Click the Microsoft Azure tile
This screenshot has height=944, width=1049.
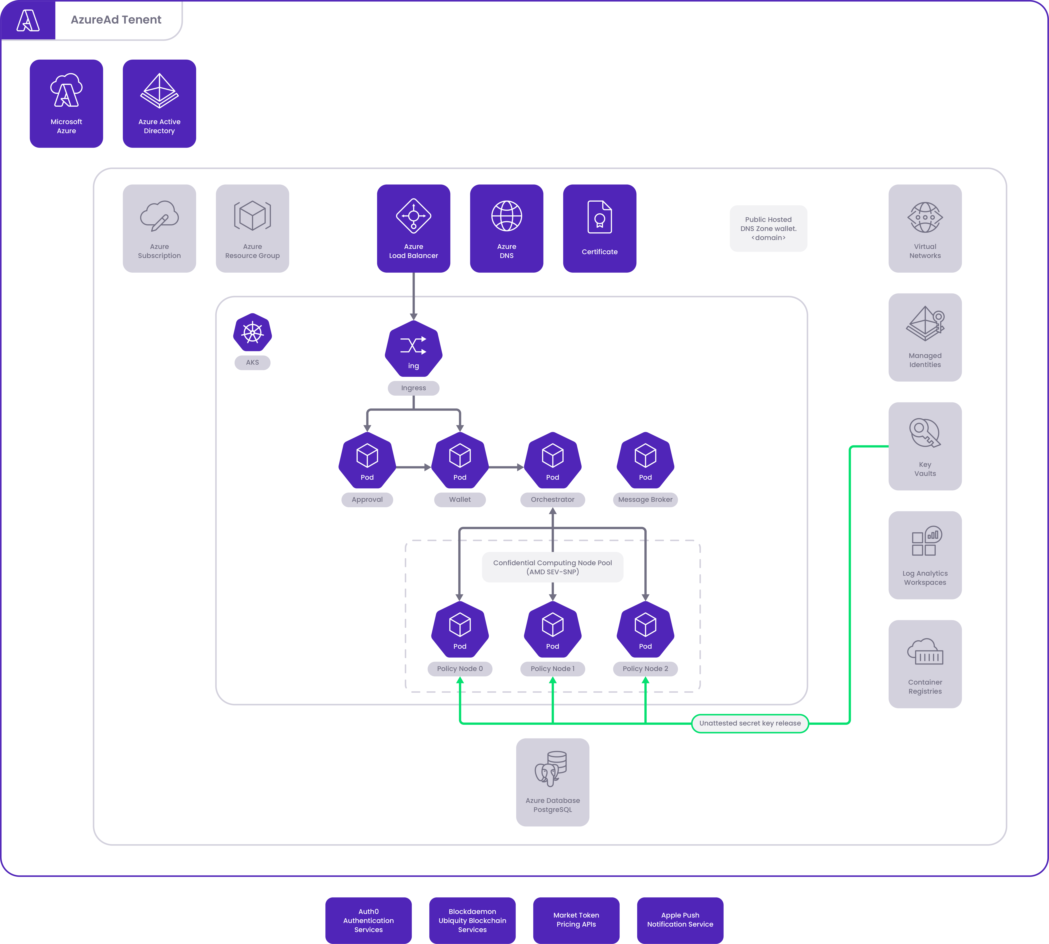pos(66,104)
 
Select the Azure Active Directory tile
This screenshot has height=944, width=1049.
pos(159,104)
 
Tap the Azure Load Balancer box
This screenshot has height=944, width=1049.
pos(413,228)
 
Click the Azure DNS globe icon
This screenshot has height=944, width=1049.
pos(507,216)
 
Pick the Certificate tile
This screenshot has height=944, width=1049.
pos(599,228)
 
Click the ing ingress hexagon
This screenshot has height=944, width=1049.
pos(413,349)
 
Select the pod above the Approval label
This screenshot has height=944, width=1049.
pos(367,460)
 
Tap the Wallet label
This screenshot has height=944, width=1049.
pos(460,499)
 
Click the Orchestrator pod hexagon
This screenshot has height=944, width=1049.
pos(553,460)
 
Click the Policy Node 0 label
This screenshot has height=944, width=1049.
pos(460,669)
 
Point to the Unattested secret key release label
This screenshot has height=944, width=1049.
pos(750,723)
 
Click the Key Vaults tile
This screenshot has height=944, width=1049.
pos(925,446)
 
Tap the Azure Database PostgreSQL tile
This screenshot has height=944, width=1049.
pos(553,782)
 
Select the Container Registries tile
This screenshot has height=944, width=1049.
pos(925,664)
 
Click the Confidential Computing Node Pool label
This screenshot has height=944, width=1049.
pos(553,567)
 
